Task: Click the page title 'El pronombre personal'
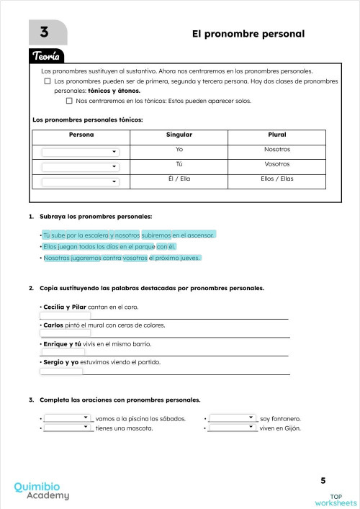(x=248, y=34)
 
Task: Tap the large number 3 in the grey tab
(x=45, y=32)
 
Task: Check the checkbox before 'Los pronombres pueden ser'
(x=48, y=82)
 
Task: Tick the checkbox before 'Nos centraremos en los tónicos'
(x=69, y=101)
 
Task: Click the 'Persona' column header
(x=81, y=135)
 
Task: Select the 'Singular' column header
(x=179, y=135)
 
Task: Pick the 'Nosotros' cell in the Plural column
(x=276, y=149)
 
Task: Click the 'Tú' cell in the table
(x=179, y=163)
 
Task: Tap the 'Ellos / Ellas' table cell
(x=276, y=178)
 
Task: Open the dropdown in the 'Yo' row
(x=80, y=152)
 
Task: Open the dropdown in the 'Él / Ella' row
(x=80, y=181)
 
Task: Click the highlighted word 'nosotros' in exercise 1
(x=127, y=235)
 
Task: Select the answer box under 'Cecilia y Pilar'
(x=66, y=315)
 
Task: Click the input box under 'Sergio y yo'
(x=62, y=371)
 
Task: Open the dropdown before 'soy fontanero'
(x=232, y=418)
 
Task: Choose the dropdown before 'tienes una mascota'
(x=67, y=428)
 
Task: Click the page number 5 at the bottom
(x=323, y=480)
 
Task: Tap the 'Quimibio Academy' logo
(x=42, y=491)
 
